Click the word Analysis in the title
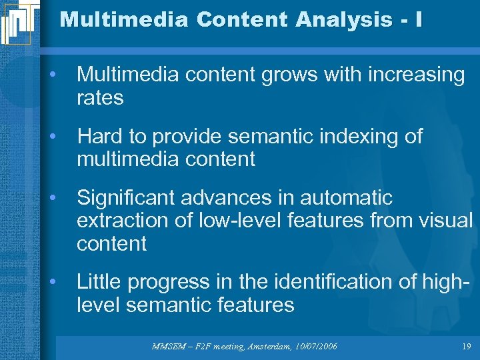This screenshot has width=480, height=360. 328,19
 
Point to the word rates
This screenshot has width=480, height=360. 100,98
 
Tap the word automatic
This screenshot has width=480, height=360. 346,198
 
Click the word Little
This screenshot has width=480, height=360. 98,282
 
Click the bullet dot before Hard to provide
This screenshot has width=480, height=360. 53,137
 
